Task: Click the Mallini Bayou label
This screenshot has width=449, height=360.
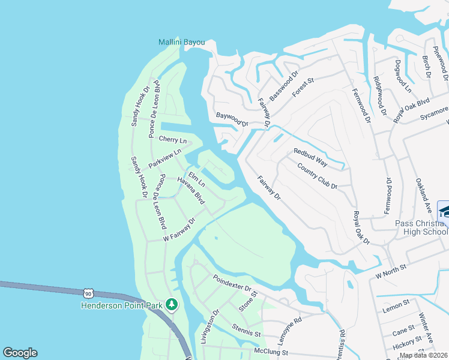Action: coord(181,43)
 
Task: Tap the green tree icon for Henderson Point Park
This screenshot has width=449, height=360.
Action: coord(172,305)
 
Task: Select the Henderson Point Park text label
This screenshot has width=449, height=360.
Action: coord(122,305)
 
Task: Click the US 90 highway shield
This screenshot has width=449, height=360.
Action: coord(89,293)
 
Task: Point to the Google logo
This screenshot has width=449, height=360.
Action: coord(20,353)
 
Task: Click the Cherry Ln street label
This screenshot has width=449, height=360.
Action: coord(173,139)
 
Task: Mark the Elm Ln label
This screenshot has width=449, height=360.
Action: coord(197,178)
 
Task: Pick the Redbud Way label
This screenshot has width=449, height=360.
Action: coord(310,157)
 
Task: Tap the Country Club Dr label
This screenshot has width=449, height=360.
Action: coord(318,175)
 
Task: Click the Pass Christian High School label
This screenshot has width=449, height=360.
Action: coord(421,227)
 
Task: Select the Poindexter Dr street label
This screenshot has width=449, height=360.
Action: coord(232,283)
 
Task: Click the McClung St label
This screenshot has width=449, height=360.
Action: coord(271,352)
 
